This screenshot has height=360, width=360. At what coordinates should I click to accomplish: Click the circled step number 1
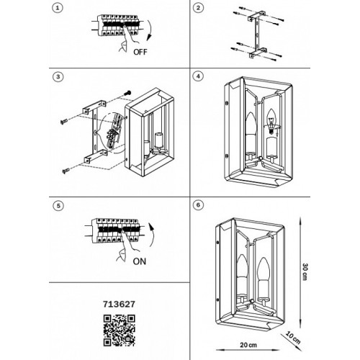coord(58,8)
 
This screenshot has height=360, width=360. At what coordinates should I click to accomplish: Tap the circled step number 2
coord(198,8)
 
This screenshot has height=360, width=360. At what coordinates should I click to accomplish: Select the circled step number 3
coord(58,77)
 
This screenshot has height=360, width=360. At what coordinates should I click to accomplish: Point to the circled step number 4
coord(198,76)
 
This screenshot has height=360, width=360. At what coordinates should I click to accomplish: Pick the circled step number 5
coord(58,206)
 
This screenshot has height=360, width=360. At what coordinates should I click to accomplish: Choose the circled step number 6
coord(198,205)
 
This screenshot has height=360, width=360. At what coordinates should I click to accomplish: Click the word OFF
coord(140,52)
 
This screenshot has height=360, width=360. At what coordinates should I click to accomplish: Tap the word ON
coord(140,261)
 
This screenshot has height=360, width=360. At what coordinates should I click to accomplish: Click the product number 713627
coord(119,304)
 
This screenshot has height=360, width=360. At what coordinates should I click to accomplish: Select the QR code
coord(120,330)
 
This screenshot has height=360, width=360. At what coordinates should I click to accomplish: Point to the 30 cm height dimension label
coord(305,271)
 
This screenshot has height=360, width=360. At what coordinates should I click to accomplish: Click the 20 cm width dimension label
coord(248,345)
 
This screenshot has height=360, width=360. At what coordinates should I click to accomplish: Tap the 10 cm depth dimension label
coord(293,338)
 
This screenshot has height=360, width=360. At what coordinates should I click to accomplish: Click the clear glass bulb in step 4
coord(271,122)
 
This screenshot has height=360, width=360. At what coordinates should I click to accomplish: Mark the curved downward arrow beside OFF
coord(150,30)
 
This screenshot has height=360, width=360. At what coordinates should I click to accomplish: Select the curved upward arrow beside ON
coord(152,235)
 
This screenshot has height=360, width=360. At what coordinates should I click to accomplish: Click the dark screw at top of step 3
coord(128,92)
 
